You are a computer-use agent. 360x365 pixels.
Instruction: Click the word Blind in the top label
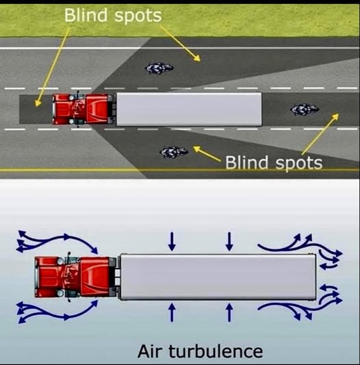pyautogui.click(x=86, y=15)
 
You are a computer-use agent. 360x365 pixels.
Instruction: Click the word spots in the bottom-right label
pyautogui.click(x=299, y=163)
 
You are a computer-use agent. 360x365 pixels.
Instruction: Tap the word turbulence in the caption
pyautogui.click(x=216, y=351)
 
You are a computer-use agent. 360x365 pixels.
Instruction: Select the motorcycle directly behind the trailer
pyautogui.click(x=305, y=109)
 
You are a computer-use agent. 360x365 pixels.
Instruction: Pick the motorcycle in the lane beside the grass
pyautogui.click(x=159, y=68)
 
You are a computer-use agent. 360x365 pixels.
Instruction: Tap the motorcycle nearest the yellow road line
pyautogui.click(x=174, y=152)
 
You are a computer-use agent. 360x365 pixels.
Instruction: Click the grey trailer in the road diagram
pyautogui.click(x=189, y=109)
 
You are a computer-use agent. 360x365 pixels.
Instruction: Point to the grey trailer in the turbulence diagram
pyautogui.click(x=218, y=277)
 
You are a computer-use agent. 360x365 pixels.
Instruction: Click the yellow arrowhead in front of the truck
pyautogui.click(x=38, y=103)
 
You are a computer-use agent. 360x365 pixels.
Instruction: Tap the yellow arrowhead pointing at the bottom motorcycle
pyautogui.click(x=197, y=148)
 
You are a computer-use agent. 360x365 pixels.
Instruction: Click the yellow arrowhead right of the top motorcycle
pyautogui.click(x=196, y=58)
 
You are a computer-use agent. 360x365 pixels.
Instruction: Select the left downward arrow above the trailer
pyautogui.click(x=172, y=241)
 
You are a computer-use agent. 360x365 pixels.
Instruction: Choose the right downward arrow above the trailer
pyautogui.click(x=229, y=241)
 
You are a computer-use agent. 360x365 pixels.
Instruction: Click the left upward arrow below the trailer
pyautogui.click(x=172, y=312)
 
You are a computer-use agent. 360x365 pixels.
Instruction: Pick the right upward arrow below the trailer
pyautogui.click(x=229, y=312)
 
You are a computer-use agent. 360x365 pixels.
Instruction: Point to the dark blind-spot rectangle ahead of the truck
pyautogui.click(x=36, y=109)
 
